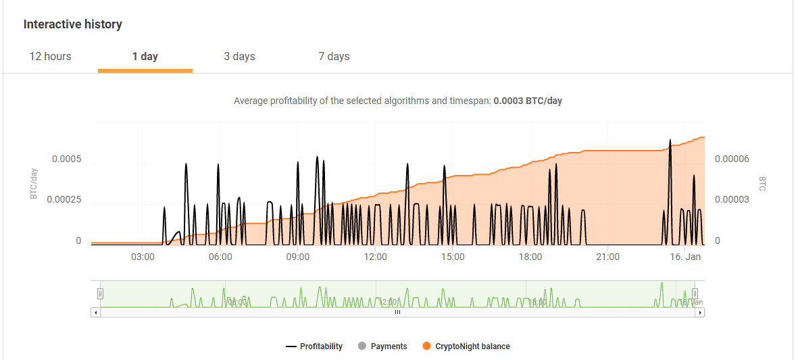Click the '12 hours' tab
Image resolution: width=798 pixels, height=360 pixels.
[x=50, y=56]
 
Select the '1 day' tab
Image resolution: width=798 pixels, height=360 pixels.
[x=145, y=56]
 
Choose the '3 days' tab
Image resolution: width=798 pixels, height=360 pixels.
[x=239, y=56]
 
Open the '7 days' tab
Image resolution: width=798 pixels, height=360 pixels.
[x=334, y=56]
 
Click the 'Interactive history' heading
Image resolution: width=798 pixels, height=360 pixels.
[x=73, y=24]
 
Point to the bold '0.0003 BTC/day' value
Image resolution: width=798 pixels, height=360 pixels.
[x=528, y=101]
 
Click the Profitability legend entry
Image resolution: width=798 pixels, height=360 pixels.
[x=314, y=346]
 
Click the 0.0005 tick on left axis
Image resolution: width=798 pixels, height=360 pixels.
[x=67, y=159]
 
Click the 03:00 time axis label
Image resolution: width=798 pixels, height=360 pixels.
[x=143, y=257]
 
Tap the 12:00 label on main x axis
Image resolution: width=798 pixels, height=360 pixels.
[x=375, y=257]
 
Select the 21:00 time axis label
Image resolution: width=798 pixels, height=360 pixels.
[x=608, y=257]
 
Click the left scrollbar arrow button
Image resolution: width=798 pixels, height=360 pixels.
[x=95, y=313]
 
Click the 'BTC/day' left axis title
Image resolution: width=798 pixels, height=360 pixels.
[x=33, y=184]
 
